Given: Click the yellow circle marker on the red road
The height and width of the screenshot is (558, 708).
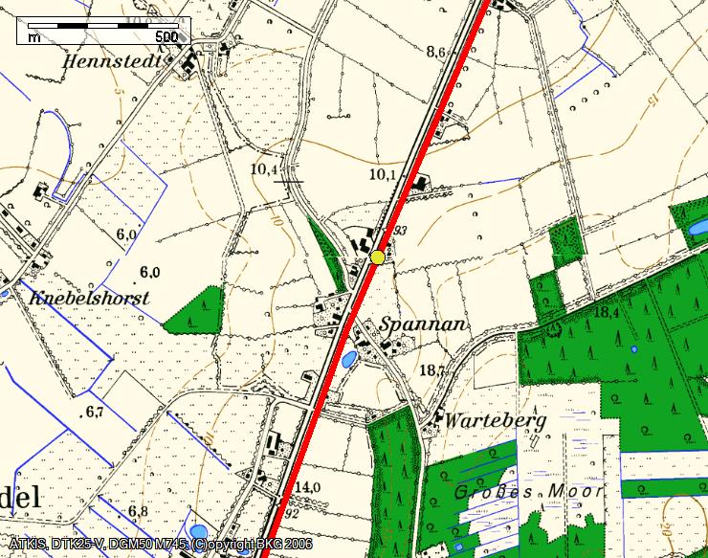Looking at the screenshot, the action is [378, 257].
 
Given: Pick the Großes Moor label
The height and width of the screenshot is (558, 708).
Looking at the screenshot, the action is [529, 492].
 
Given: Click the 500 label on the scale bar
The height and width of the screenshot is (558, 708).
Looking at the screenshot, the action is [166, 37].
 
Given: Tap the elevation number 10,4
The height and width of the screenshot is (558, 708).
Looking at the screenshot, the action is [263, 169].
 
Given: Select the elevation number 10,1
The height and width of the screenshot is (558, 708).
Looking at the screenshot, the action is [382, 174].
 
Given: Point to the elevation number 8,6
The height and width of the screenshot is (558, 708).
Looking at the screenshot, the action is [436, 53].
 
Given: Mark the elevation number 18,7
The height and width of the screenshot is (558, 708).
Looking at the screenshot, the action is [433, 370].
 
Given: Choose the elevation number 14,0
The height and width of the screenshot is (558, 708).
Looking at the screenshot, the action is [307, 487].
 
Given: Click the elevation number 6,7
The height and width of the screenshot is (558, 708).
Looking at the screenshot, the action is [94, 413].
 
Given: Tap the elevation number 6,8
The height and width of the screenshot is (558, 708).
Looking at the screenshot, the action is [138, 511].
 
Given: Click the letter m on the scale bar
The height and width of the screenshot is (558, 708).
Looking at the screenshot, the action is [34, 37].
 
